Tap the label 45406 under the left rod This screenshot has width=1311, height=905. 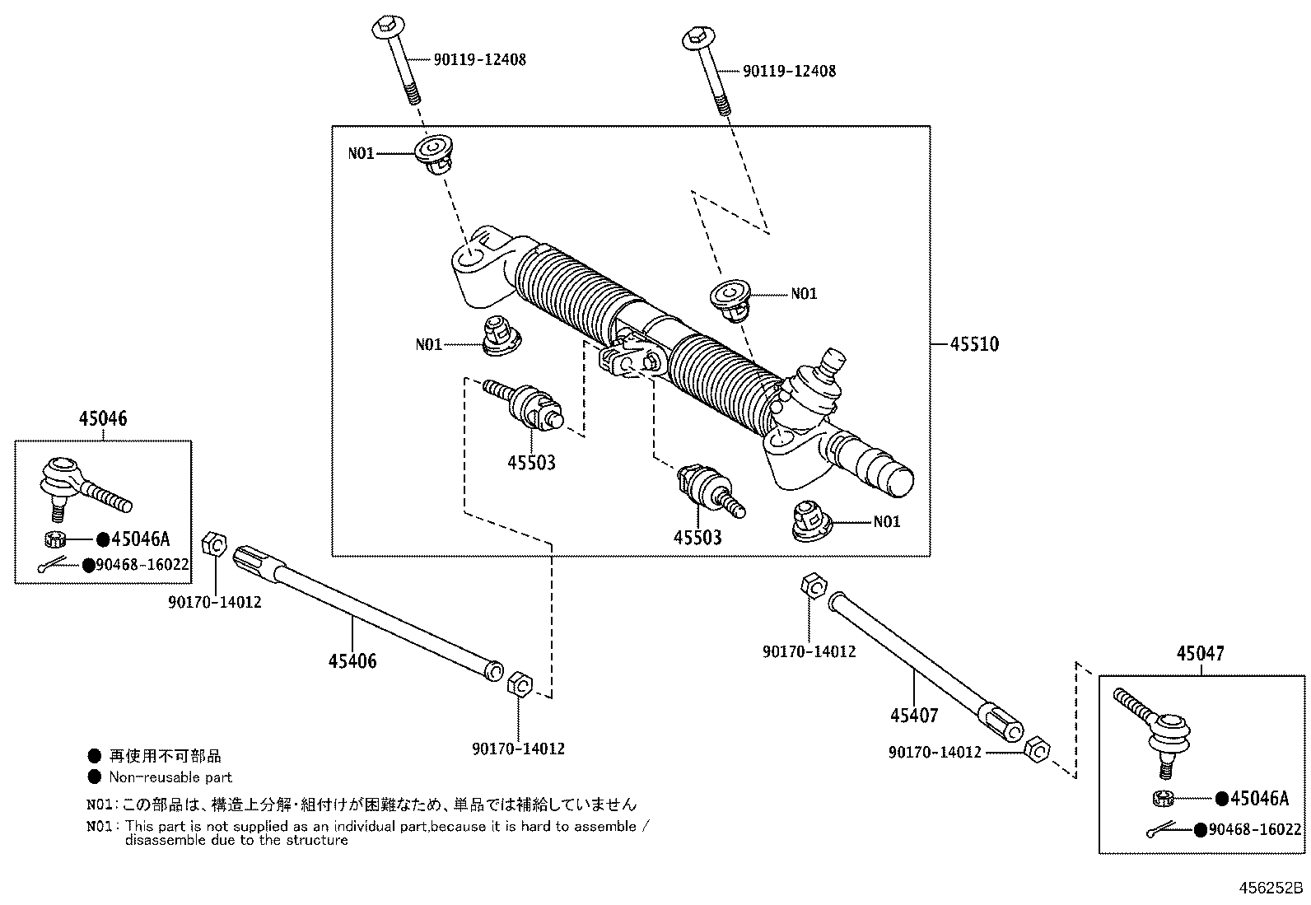pyautogui.click(x=352, y=660)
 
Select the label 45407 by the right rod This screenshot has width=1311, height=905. pyautogui.click(x=914, y=715)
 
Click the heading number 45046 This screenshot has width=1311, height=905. pyautogui.click(x=103, y=418)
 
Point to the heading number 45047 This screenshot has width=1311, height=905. pyautogui.click(x=1200, y=653)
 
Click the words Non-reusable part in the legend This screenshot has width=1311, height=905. pyautogui.click(x=170, y=777)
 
